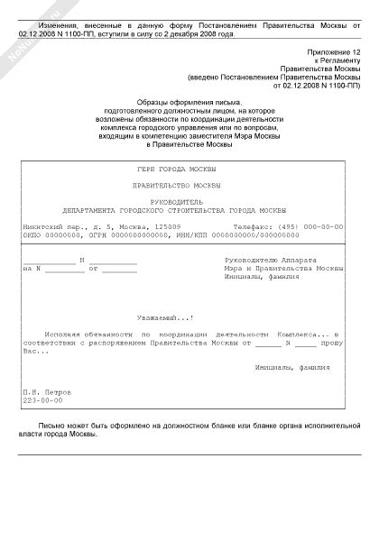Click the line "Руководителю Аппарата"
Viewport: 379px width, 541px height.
click(270, 260)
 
